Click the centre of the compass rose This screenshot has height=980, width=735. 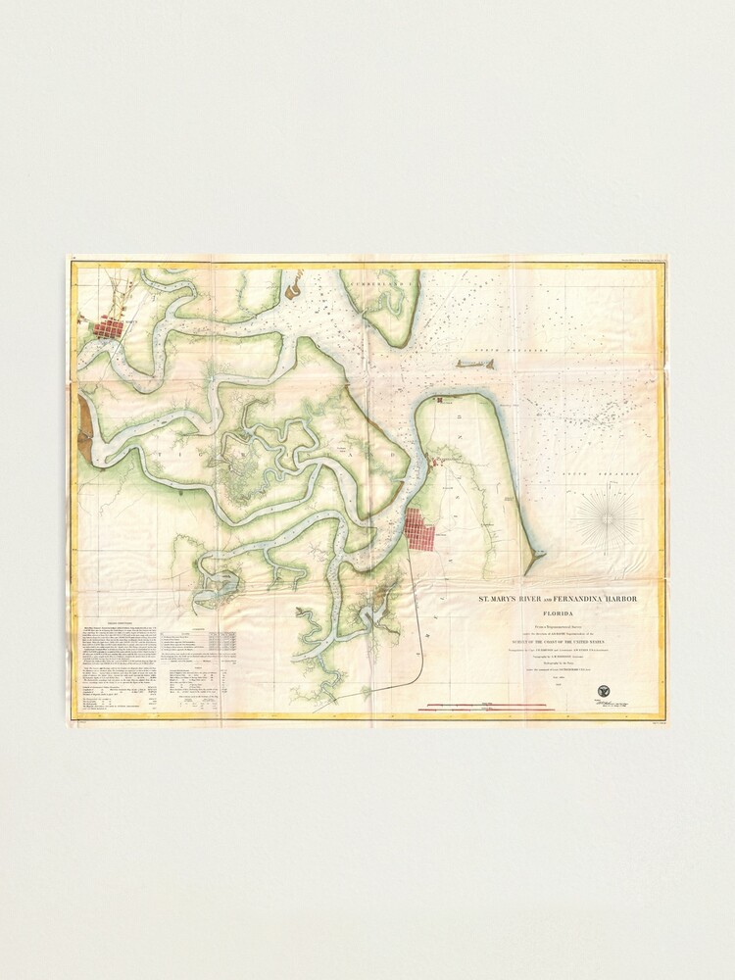[607, 518]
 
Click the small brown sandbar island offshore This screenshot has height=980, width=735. [475, 364]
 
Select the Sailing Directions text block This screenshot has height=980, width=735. [116, 659]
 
